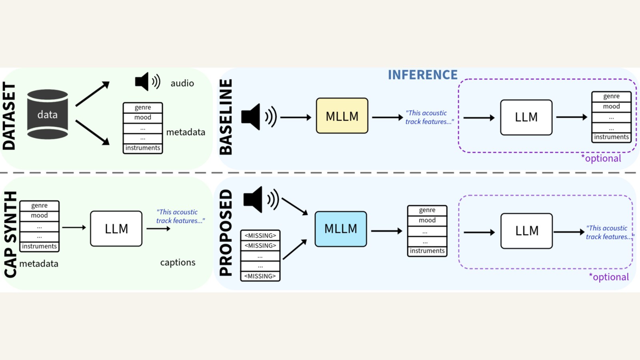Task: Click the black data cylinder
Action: [x=47, y=114]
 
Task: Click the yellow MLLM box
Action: [x=342, y=116]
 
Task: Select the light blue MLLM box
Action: [x=340, y=229]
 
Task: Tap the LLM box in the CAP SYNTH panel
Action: [x=116, y=229]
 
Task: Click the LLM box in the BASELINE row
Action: [x=526, y=117]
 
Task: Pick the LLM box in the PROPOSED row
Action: [x=526, y=231]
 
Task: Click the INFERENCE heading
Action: [x=422, y=75]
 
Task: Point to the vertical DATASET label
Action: [x=9, y=116]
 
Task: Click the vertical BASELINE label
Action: [x=226, y=117]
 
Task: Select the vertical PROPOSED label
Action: [x=226, y=233]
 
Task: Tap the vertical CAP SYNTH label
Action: [x=10, y=234]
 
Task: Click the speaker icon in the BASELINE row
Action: [x=258, y=117]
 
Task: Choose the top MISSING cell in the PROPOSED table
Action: [x=260, y=236]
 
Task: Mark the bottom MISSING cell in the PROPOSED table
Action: [x=260, y=276]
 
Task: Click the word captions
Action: [x=178, y=262]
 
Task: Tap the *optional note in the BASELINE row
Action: [x=601, y=158]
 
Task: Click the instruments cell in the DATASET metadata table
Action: [x=143, y=148]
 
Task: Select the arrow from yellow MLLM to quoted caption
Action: [x=387, y=118]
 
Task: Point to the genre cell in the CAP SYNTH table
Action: [x=39, y=206]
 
